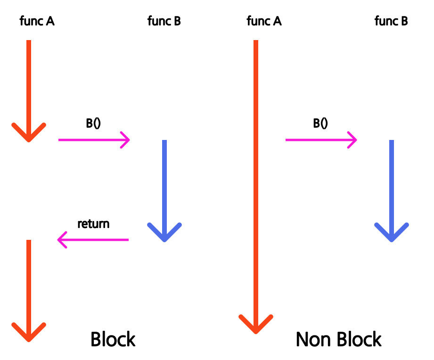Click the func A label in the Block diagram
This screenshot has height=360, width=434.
(37, 21)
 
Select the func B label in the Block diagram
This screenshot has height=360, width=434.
(164, 21)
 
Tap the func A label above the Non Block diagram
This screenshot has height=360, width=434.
(264, 21)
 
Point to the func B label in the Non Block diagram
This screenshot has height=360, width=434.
(391, 21)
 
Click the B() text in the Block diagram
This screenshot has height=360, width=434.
(93, 123)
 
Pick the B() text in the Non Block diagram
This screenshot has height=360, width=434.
(320, 123)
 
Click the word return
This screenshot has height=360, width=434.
(94, 224)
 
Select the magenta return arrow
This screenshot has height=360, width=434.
(93, 240)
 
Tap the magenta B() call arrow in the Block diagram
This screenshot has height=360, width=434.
(94, 140)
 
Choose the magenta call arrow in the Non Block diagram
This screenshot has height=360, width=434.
(321, 140)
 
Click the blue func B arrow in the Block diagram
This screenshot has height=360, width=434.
(164, 191)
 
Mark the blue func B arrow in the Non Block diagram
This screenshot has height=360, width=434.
(392, 191)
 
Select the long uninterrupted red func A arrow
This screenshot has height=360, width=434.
(256, 187)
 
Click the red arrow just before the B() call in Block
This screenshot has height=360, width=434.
(29, 91)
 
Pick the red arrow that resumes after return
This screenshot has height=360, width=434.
(29, 291)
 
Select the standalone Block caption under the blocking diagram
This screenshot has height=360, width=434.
(113, 339)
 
